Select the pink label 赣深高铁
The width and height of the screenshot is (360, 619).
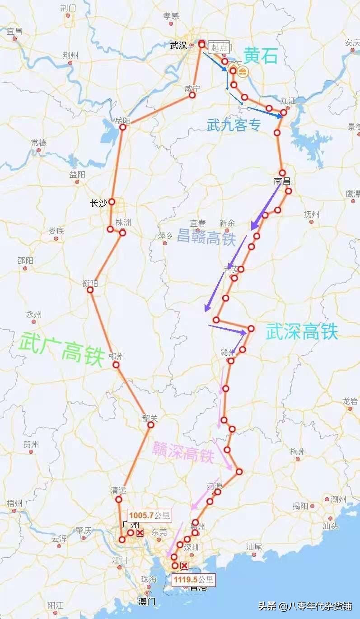(183, 451)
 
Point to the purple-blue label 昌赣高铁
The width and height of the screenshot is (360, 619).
(206, 237)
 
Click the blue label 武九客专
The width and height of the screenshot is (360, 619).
(234, 125)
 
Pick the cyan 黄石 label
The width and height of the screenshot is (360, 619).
(260, 56)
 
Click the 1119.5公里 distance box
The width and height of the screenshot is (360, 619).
(194, 580)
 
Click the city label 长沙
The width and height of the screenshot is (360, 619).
(98, 204)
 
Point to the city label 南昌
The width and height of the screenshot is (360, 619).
(282, 182)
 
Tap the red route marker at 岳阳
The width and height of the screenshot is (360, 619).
(122, 127)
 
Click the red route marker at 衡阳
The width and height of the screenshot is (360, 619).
(90, 290)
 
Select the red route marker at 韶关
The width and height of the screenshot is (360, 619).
(151, 425)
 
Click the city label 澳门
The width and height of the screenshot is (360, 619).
(146, 601)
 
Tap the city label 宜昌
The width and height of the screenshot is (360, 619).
(14, 31)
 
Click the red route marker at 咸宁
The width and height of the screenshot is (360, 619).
(192, 95)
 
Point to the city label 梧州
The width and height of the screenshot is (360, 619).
(14, 503)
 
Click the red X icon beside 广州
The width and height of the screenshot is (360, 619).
(140, 533)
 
